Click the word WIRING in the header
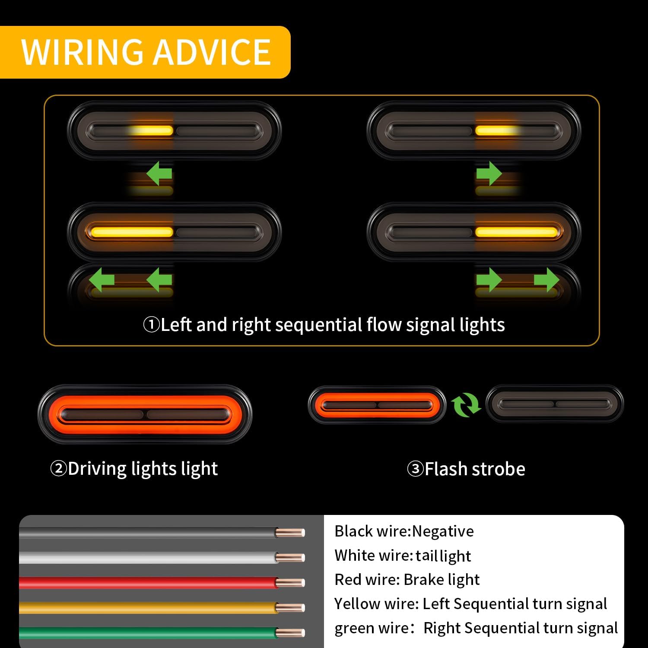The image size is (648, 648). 82,52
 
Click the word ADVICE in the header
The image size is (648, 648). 212,52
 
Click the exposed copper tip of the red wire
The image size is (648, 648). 290,583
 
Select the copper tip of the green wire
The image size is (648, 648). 290,633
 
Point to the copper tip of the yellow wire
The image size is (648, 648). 290,608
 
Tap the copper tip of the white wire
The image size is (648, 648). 290,558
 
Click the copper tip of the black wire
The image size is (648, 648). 290,533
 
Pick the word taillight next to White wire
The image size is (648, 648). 443,556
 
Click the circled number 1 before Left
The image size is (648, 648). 151,325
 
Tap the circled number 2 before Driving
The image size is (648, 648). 58,469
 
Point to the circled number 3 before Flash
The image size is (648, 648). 415,469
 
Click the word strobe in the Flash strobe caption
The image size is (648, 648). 499,469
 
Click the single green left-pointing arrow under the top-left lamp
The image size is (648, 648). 159,174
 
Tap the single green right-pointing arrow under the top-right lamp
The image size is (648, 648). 489,174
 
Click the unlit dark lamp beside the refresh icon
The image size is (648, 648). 555,404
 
